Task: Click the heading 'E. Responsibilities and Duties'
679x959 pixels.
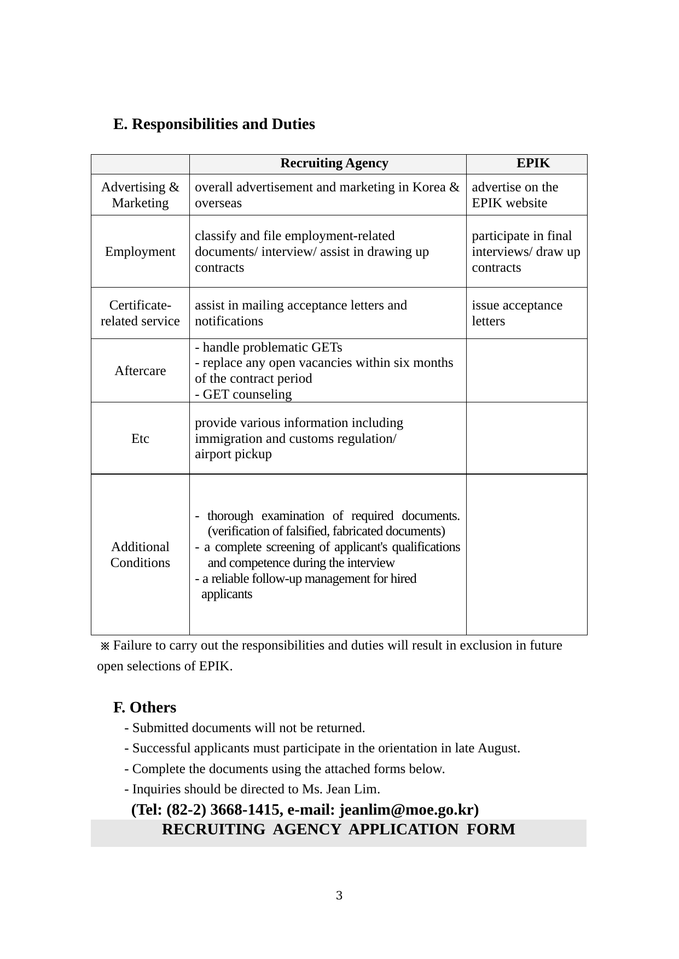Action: (x=214, y=124)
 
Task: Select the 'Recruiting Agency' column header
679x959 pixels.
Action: (x=334, y=163)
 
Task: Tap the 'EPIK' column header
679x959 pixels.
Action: (x=533, y=163)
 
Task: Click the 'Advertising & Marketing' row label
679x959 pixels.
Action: (x=140, y=195)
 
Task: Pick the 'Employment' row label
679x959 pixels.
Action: (x=140, y=252)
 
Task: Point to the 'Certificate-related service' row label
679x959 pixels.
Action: (x=140, y=313)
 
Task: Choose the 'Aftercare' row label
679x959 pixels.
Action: (x=140, y=371)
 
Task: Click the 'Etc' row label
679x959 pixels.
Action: (x=140, y=438)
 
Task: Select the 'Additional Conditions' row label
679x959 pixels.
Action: (x=140, y=555)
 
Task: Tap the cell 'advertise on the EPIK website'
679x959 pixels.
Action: (x=515, y=195)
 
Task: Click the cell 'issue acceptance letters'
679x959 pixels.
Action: (x=517, y=313)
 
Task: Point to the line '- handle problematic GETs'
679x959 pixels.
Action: (x=269, y=348)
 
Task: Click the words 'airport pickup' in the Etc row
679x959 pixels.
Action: (x=233, y=454)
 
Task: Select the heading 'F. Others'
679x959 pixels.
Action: (x=144, y=707)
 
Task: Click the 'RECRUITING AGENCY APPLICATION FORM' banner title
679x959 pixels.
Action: (x=339, y=830)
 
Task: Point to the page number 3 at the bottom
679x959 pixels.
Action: (x=339, y=896)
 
